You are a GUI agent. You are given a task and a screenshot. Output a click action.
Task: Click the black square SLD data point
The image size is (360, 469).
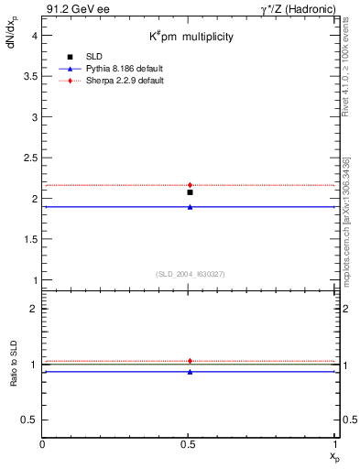pos(190,192)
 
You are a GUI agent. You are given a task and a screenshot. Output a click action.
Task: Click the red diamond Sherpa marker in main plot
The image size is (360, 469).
pos(190,185)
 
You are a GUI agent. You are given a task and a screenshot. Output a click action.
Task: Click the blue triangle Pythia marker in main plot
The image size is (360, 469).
pos(190,207)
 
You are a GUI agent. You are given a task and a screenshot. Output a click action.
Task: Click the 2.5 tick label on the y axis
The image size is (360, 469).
pos(29,158)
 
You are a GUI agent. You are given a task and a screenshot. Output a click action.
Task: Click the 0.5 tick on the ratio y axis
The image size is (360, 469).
pos(29,420)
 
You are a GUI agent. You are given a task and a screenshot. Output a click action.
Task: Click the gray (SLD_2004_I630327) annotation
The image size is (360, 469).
pos(190,273)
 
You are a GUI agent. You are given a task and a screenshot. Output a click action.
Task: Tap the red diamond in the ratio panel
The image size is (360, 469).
pos(190,361)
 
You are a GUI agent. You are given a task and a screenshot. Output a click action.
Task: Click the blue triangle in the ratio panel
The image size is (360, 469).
pos(190,372)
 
